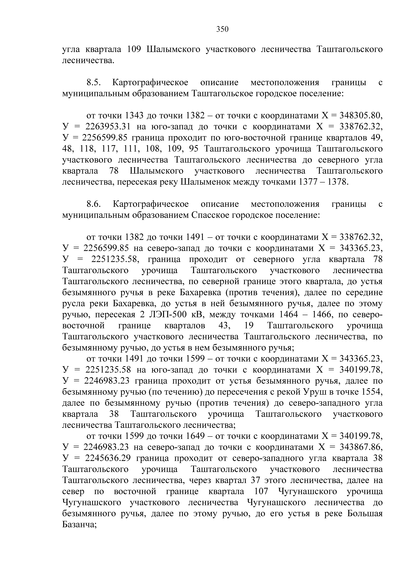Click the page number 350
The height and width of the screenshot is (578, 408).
[x=222, y=29]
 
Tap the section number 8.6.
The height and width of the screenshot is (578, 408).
[x=94, y=204]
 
